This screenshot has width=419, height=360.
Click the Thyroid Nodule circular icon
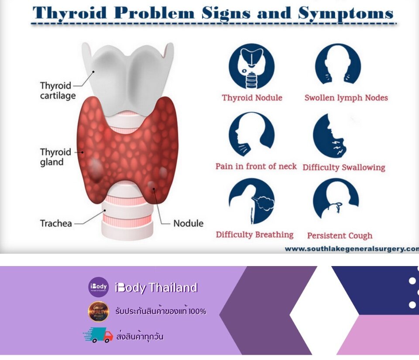click(x=251, y=66)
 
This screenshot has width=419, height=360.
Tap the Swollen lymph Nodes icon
click(x=338, y=64)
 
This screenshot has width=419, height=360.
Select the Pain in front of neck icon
click(x=251, y=134)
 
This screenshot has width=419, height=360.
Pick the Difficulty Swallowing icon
click(x=330, y=135)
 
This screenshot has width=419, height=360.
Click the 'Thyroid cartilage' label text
click(x=58, y=90)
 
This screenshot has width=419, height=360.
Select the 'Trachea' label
click(x=56, y=223)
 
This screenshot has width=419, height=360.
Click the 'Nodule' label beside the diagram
click(x=189, y=223)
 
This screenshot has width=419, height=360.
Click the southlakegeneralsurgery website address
click(x=352, y=249)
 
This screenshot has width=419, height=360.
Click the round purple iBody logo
click(x=98, y=287)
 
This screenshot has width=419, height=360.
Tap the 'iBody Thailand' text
click(x=156, y=287)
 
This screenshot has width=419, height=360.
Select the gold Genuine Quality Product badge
click(x=98, y=312)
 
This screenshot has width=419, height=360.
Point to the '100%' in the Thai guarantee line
click(x=197, y=312)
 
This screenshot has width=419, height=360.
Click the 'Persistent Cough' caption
click(x=340, y=235)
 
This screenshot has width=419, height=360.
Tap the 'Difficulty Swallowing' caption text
click(x=344, y=167)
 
